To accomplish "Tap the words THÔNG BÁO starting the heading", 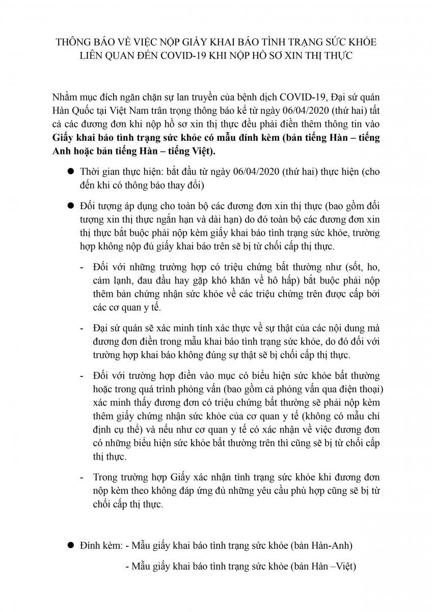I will coord(79,41).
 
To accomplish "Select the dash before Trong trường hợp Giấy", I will coord(83,477).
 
